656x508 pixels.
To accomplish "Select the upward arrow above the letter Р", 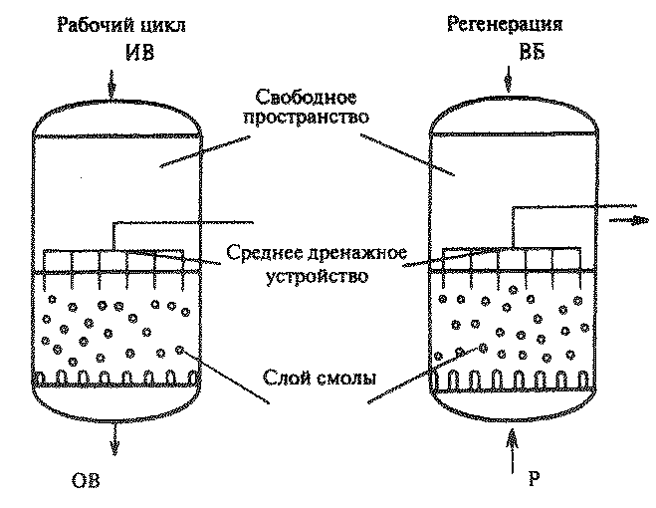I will tap(513, 454).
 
